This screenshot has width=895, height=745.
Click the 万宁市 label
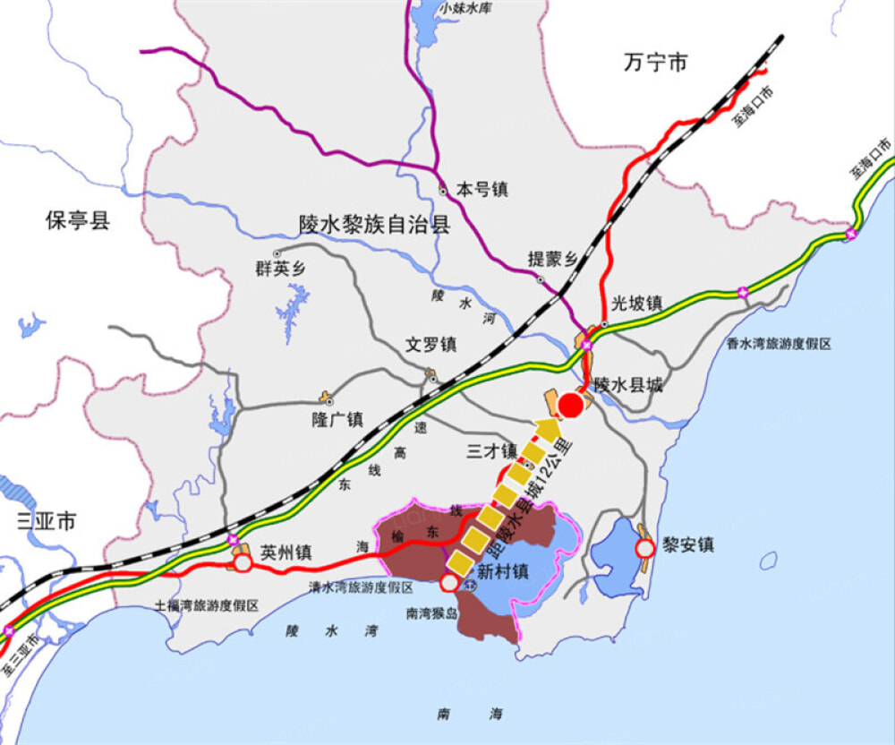click(x=656, y=63)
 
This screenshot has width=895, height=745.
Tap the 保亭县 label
click(x=78, y=220)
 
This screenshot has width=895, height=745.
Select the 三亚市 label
click(x=47, y=521)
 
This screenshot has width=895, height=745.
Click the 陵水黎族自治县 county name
click(x=374, y=224)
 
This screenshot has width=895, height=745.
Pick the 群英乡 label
click(x=281, y=269)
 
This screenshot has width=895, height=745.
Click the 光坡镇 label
click(x=637, y=304)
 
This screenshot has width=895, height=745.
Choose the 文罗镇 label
click(x=431, y=344)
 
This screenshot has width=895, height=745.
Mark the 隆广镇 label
click(x=337, y=418)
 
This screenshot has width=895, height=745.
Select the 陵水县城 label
click(x=629, y=385)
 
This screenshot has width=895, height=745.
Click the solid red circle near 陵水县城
click(x=571, y=406)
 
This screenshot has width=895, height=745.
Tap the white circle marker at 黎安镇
click(x=644, y=547)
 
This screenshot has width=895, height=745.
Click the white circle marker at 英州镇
click(x=242, y=563)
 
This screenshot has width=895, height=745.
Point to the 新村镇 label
click(x=502, y=571)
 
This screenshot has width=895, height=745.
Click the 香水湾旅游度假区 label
click(x=779, y=344)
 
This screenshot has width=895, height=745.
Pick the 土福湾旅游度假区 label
click(x=207, y=606)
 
